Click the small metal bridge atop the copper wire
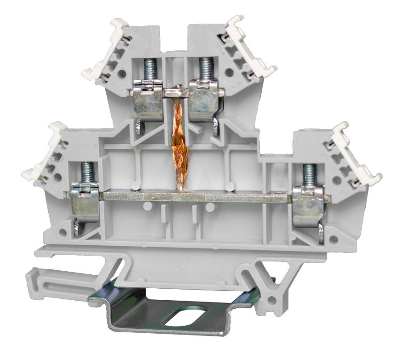pyautogui.click(x=177, y=93)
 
